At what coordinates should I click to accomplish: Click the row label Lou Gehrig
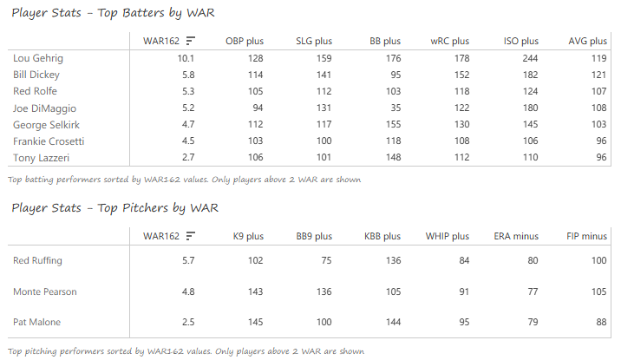point(38,58)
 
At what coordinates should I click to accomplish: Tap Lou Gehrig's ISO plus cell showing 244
point(528,58)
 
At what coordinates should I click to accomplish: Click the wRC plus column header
point(449,41)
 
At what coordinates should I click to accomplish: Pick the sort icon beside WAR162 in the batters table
point(190,41)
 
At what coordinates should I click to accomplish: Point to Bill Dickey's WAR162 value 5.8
point(186,75)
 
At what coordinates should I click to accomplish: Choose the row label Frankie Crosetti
point(48,141)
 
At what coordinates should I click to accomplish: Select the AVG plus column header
point(587,41)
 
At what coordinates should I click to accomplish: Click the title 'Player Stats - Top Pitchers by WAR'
point(114,208)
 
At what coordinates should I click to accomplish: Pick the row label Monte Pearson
point(45,291)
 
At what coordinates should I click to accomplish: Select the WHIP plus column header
point(448,236)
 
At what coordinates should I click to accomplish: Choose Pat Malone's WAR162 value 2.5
point(186,323)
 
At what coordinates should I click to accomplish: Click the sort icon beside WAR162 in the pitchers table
point(190,236)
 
